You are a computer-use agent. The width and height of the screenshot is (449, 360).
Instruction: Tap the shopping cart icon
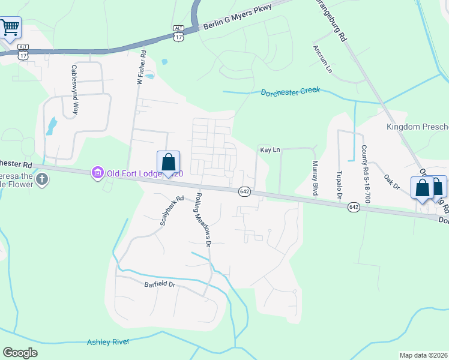(10, 27)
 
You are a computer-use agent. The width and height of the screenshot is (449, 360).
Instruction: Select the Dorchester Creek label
(291, 92)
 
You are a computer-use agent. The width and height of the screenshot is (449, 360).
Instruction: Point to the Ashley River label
(109, 342)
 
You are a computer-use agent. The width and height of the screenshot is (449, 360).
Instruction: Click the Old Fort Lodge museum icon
(97, 173)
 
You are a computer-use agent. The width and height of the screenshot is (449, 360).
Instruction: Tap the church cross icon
(41, 179)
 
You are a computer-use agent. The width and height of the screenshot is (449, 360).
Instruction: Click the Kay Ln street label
(270, 149)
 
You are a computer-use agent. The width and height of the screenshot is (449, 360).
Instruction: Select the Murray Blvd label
(314, 178)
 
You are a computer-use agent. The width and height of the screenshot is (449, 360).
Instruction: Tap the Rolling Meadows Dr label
(202, 220)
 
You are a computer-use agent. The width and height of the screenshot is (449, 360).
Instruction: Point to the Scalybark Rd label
(171, 211)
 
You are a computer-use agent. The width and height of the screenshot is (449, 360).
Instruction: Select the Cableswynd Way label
(76, 89)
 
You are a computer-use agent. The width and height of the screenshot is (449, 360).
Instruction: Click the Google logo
(20, 353)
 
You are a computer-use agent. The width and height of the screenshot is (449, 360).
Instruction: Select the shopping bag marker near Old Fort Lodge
(168, 163)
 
